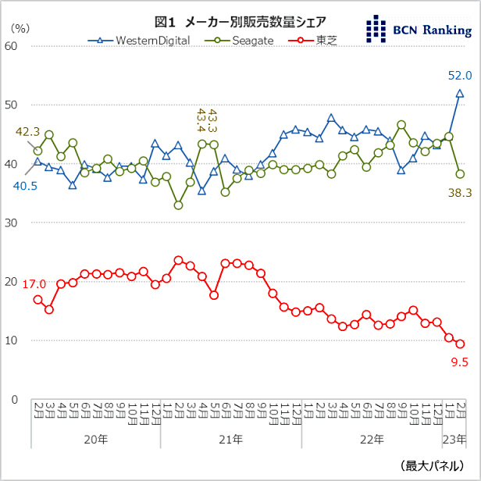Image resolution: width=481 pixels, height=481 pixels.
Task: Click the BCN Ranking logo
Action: pos(419,29)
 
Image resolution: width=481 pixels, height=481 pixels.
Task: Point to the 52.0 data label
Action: pos(459,76)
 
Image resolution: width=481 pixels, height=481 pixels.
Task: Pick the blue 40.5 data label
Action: pos(26,186)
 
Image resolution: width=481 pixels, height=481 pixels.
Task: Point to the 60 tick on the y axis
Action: pos(12,46)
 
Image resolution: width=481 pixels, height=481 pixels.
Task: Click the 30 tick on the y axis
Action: pos(12,223)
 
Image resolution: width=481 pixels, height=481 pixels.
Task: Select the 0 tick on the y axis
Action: pos(15,399)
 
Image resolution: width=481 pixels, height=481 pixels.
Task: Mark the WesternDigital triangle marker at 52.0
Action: pos(460,93)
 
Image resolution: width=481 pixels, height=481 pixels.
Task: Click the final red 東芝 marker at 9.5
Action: pos(461,344)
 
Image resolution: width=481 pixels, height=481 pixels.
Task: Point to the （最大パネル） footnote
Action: pos(434,465)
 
